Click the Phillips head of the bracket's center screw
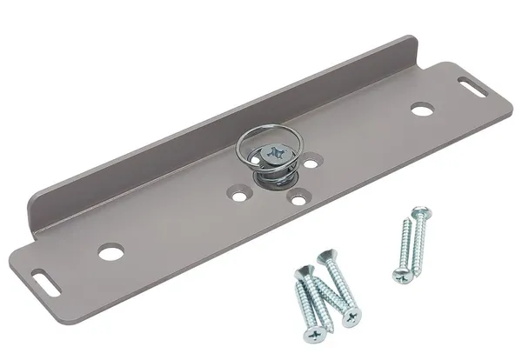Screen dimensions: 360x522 point(274,154)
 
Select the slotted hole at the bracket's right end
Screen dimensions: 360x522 point(473,85)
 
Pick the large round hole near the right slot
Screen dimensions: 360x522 point(422,110)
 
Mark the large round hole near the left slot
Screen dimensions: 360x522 point(110,253)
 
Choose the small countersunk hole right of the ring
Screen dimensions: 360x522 point(311,162)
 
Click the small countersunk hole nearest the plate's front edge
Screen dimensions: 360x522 point(298,200)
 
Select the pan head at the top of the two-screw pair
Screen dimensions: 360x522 point(421,212)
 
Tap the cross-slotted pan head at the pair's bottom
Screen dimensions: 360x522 point(401,275)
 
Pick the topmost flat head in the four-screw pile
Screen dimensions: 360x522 point(325,257)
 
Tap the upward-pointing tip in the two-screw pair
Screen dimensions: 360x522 point(406,221)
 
